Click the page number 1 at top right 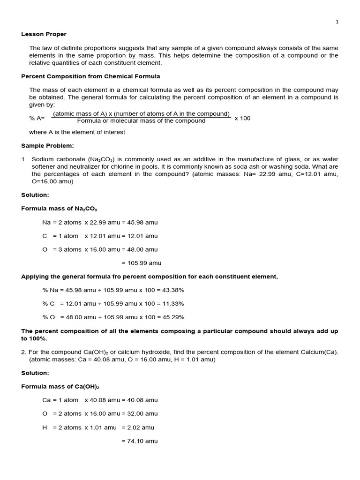(x=337, y=22)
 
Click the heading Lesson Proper (x=44, y=34)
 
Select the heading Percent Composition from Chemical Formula (x=90, y=76)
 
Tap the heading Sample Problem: (x=47, y=146)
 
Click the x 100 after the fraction (x=242, y=118)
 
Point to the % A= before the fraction (x=37, y=118)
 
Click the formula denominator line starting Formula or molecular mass (x=141, y=121)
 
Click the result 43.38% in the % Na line (x=171, y=290)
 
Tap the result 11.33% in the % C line (x=171, y=304)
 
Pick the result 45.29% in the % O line (x=171, y=317)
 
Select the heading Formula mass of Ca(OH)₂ (x=60, y=387)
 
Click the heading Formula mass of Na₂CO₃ (x=59, y=209)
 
